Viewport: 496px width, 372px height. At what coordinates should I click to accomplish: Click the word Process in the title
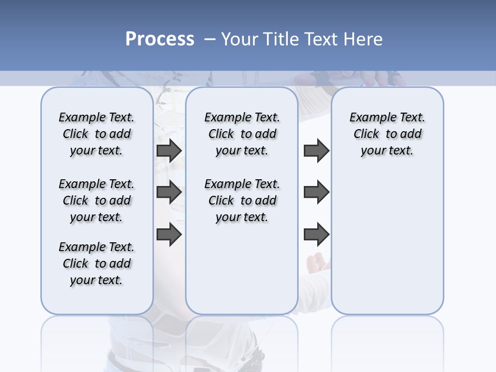pos(160,39)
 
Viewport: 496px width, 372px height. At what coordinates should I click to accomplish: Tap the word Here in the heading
pos(361,39)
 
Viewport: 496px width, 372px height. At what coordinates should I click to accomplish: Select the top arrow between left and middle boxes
pos(169,151)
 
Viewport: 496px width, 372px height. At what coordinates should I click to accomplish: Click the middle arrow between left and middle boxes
pos(169,192)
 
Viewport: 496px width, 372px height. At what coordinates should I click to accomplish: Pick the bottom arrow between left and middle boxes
pos(169,234)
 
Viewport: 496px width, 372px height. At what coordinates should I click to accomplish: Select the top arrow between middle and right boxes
pos(316,151)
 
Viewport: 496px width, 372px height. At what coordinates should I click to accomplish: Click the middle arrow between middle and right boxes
pos(316,192)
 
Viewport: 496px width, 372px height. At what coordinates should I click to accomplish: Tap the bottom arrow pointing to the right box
pos(316,235)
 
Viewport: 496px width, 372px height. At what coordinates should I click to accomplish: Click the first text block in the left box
pos(97,134)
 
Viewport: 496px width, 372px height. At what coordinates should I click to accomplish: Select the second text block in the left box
pos(97,200)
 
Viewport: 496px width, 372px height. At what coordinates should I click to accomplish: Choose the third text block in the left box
pos(97,263)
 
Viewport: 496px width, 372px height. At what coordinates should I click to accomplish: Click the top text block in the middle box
pos(242,134)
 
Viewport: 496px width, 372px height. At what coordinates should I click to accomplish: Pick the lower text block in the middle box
pos(242,200)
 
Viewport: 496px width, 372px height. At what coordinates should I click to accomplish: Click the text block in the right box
pos(387,134)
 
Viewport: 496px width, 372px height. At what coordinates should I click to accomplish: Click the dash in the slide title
pos(210,39)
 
